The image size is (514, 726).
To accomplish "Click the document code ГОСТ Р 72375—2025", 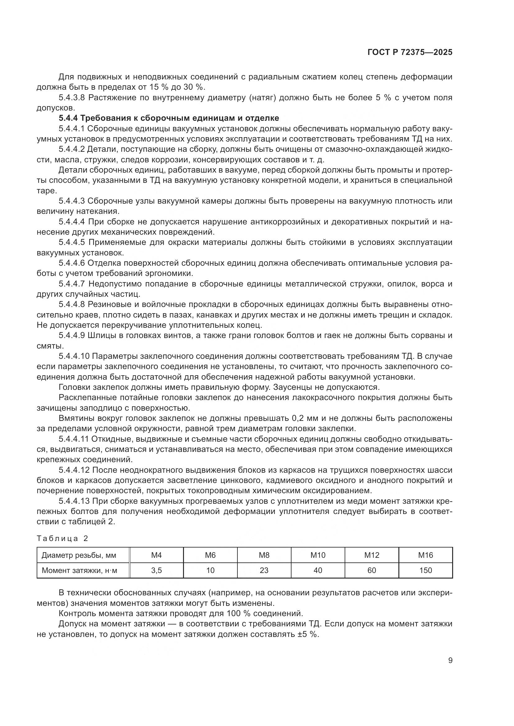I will coord(410,52).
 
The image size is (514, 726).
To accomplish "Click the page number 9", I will coord(450,661).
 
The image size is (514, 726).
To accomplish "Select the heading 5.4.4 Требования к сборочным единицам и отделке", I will coord(169,118).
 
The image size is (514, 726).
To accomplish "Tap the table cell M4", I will coord(156,555).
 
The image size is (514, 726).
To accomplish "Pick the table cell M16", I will coord(425,555).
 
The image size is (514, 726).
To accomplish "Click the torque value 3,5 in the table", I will coord(156,570).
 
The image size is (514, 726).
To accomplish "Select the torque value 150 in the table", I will coord(425,570).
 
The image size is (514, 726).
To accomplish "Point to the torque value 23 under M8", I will coord(264,570).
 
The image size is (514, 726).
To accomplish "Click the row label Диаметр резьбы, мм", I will coord(79,555).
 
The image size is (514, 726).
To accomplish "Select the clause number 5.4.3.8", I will coord(71,98).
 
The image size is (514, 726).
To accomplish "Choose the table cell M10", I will coord(318,555).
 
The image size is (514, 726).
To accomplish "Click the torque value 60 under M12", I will coord(372,570).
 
